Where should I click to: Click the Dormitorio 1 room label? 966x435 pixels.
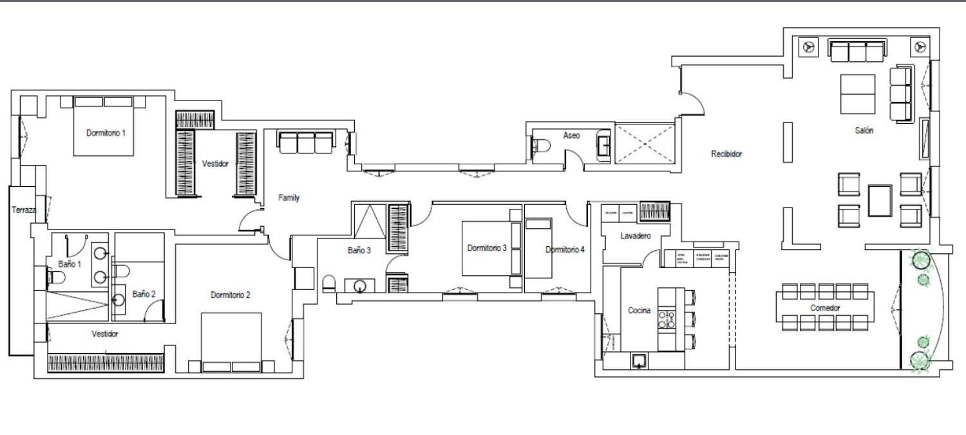pyautogui.click(x=106, y=133)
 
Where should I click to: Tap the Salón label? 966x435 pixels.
pyautogui.click(x=864, y=130)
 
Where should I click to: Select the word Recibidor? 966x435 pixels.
pyautogui.click(x=726, y=154)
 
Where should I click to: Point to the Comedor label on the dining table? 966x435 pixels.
pyautogui.click(x=825, y=308)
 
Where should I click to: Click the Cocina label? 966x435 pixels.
pyautogui.click(x=639, y=311)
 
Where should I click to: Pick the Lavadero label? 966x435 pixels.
pyautogui.click(x=636, y=236)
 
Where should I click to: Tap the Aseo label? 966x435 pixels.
pyautogui.click(x=571, y=135)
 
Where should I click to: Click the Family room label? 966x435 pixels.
pyautogui.click(x=289, y=198)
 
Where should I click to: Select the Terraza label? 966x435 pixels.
pyautogui.click(x=24, y=210)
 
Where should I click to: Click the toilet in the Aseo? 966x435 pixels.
pyautogui.click(x=540, y=147)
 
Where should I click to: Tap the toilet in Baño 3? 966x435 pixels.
pyautogui.click(x=328, y=284)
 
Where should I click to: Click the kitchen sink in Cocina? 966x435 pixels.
pyautogui.click(x=638, y=361)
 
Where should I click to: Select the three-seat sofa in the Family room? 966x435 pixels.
pyautogui.click(x=305, y=142)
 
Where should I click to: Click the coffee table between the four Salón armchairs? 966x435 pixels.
pyautogui.click(x=880, y=200)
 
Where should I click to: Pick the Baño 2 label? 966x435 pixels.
pyautogui.click(x=144, y=294)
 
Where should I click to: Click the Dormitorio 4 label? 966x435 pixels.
pyautogui.click(x=565, y=250)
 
